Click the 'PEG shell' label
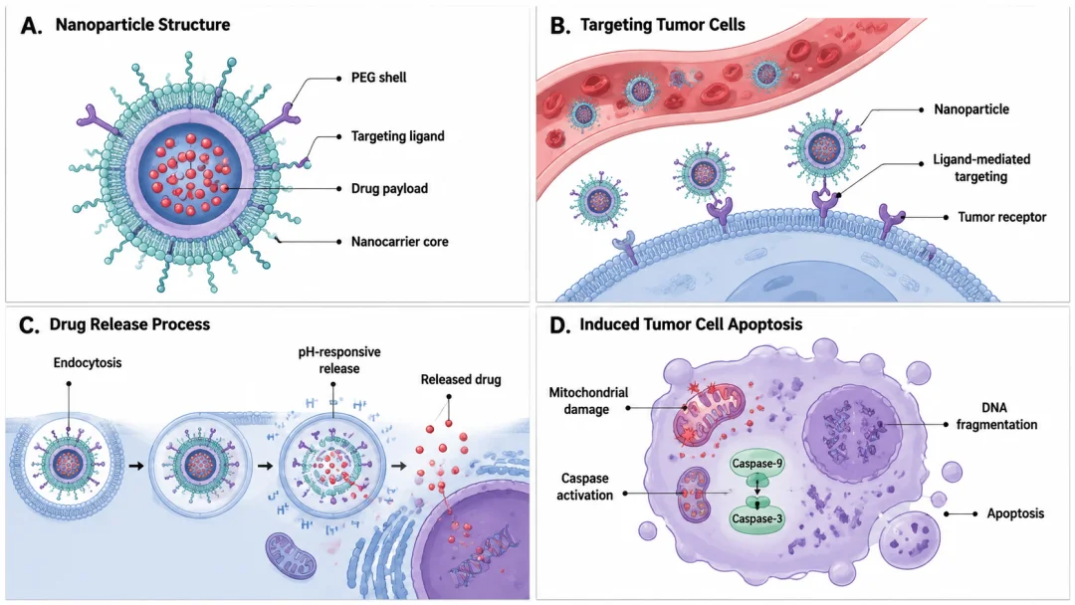point(378,78)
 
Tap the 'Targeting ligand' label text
point(397,136)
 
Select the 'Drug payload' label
point(389,188)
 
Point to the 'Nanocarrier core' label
point(400,242)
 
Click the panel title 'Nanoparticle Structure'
point(142,25)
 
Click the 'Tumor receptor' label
point(1001,217)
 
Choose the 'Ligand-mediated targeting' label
point(981,168)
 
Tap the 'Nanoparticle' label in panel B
point(971,108)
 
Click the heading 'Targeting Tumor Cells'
point(662,25)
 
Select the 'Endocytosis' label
point(88,362)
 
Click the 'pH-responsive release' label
point(339,360)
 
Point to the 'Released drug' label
point(461,379)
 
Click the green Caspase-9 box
point(756,464)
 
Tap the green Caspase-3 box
point(756,518)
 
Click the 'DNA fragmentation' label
point(996,416)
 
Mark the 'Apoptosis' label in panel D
point(1015,513)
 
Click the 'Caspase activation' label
point(585,487)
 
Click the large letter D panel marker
point(559,325)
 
